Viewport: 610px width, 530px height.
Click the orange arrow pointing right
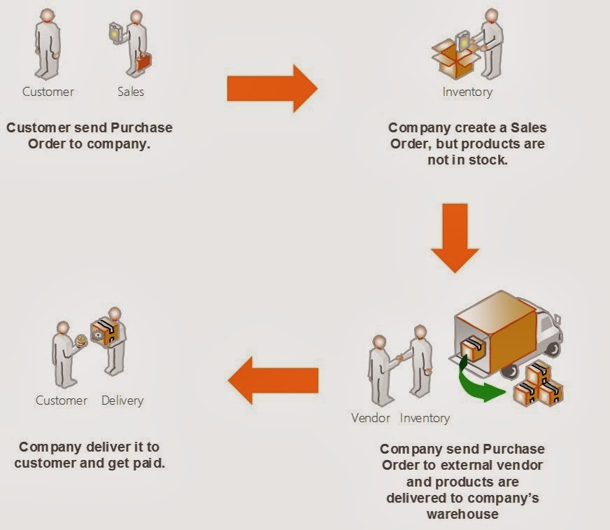[x=272, y=88]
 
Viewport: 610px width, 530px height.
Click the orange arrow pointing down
[x=455, y=237]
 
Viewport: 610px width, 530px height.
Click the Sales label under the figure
[x=131, y=91]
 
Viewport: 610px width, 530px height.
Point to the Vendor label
[x=371, y=418]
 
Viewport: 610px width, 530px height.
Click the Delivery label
[x=122, y=400]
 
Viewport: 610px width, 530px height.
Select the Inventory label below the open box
[x=467, y=92]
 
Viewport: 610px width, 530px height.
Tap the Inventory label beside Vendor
[x=425, y=418]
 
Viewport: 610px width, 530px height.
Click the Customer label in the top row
[x=48, y=91]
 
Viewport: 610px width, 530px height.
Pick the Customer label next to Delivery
[x=62, y=400]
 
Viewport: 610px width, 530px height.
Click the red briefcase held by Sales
[x=143, y=62]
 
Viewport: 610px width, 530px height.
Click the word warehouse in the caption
[x=462, y=514]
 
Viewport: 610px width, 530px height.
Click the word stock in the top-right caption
[x=476, y=160]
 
